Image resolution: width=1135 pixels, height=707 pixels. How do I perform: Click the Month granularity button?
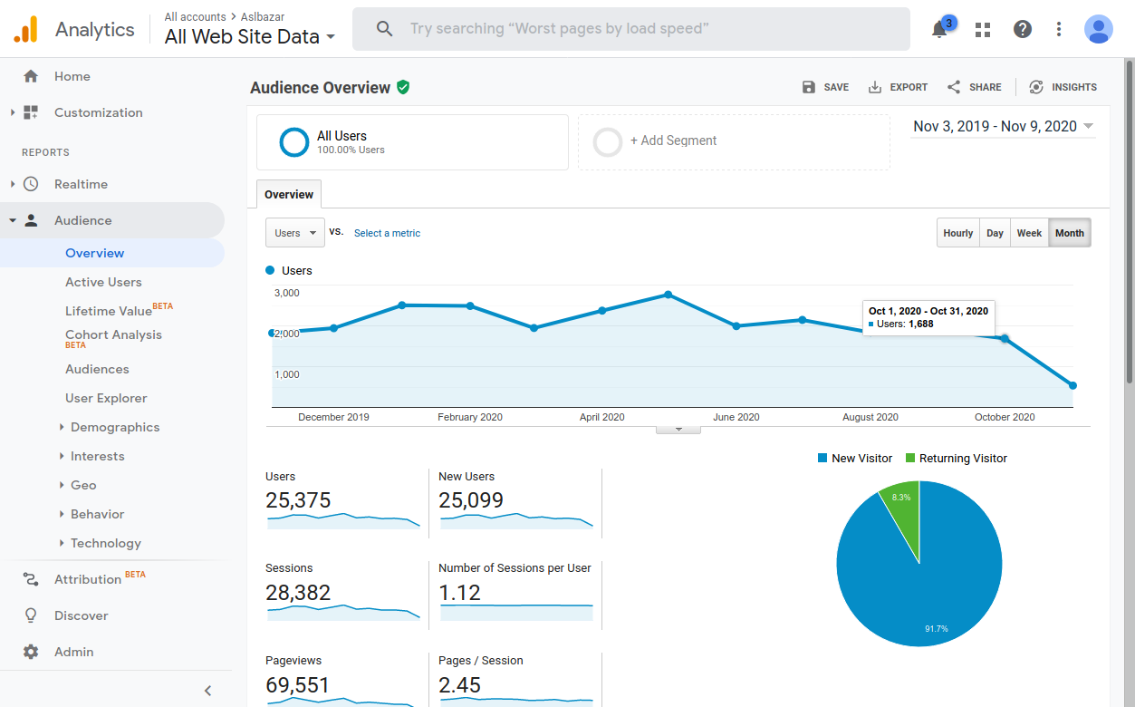[1069, 233]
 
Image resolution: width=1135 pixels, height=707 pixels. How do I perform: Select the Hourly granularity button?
[957, 233]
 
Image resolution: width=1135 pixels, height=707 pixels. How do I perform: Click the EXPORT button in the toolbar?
[898, 87]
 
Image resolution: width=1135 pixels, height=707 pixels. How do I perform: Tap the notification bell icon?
[939, 30]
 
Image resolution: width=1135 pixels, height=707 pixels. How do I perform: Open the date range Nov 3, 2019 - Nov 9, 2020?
[1003, 127]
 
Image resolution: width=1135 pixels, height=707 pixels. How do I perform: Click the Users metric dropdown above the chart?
[294, 233]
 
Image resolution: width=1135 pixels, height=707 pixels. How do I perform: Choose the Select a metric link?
[387, 233]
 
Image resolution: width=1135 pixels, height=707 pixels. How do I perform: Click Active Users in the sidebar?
[103, 282]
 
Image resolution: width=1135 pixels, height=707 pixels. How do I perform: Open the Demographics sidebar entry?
[115, 427]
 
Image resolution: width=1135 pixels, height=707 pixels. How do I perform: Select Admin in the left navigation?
[73, 652]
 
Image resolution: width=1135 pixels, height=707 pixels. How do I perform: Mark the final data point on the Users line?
[1072, 386]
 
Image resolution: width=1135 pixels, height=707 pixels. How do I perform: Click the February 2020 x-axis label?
[470, 418]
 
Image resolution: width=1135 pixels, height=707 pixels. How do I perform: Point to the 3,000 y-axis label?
[286, 293]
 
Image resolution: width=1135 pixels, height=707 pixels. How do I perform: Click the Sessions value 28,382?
[298, 593]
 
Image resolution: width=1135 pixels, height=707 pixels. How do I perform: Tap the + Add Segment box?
[734, 141]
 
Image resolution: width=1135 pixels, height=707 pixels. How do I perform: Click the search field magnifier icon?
[385, 29]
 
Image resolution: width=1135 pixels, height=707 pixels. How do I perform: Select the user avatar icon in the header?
[1098, 29]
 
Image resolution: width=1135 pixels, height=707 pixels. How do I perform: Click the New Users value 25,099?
[471, 500]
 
